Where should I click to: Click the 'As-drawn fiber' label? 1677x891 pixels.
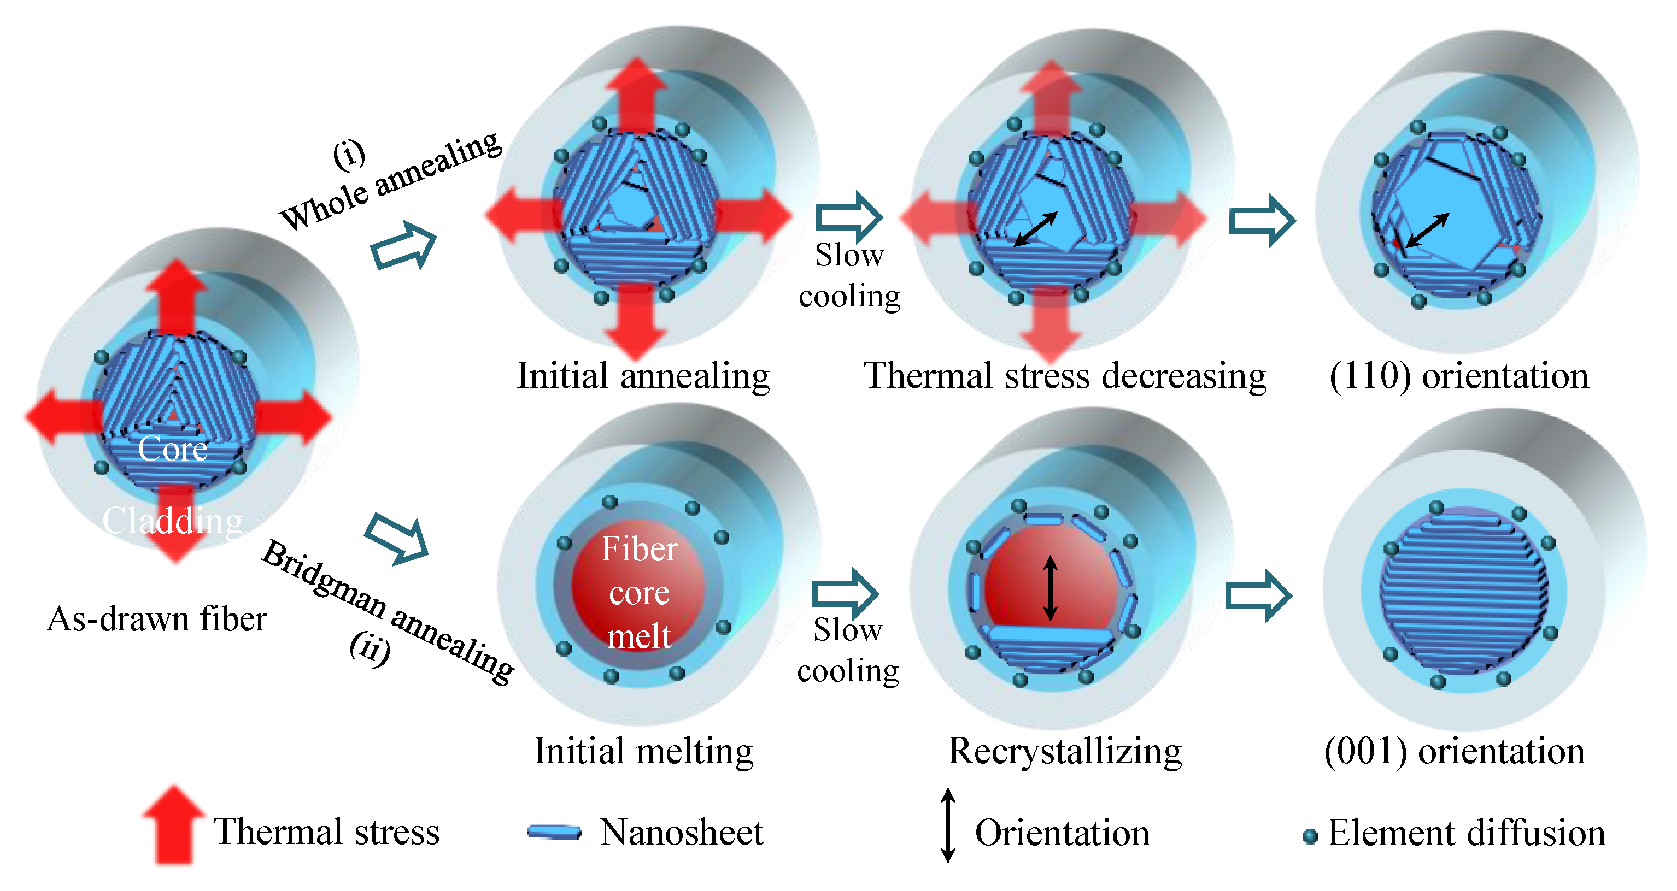pyautogui.click(x=157, y=619)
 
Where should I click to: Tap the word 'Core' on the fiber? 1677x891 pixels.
pyautogui.click(x=173, y=449)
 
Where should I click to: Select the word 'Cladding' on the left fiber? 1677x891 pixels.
pyautogui.click(x=173, y=521)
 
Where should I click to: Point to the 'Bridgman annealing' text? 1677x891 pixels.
pyautogui.click(x=388, y=611)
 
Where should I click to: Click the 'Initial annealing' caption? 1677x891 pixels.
pyautogui.click(x=643, y=376)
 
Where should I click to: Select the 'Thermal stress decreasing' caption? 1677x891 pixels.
pyautogui.click(x=1065, y=376)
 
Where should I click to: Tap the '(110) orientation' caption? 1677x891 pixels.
pyautogui.click(x=1459, y=376)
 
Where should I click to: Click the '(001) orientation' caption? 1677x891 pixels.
pyautogui.click(x=1455, y=751)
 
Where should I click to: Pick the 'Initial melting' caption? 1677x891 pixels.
pyautogui.click(x=643, y=751)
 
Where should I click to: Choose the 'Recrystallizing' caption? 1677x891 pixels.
pyautogui.click(x=1065, y=751)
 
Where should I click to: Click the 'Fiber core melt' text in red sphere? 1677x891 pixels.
pyautogui.click(x=638, y=592)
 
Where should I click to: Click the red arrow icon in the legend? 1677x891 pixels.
pyautogui.click(x=173, y=825)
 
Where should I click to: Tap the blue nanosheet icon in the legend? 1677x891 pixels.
pyautogui.click(x=554, y=833)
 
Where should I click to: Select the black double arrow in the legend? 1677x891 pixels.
pyautogui.click(x=948, y=825)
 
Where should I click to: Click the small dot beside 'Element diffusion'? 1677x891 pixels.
pyautogui.click(x=1310, y=836)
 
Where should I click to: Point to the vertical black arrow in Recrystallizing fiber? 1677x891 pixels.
pyautogui.click(x=1050, y=588)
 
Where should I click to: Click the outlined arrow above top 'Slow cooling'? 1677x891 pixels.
pyautogui.click(x=848, y=217)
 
